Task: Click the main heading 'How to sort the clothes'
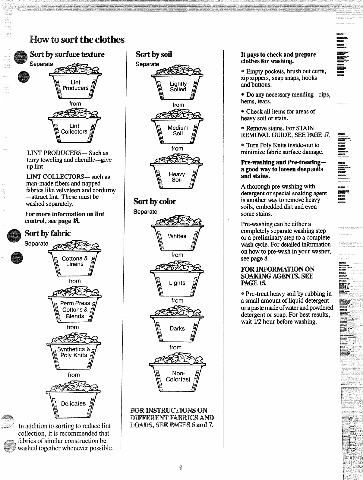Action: tap(77, 40)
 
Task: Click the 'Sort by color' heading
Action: tap(155, 201)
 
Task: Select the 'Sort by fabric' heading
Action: tap(48, 233)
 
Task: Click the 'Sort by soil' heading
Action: tap(154, 55)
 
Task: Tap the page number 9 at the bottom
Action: tap(181, 468)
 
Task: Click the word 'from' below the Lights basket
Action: tap(177, 301)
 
